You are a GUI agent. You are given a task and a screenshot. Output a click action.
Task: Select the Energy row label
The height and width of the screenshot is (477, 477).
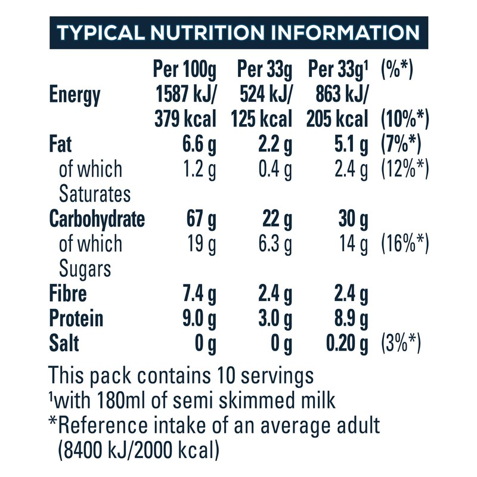pos(75,95)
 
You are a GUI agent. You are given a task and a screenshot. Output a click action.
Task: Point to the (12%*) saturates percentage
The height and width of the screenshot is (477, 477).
pos(405,169)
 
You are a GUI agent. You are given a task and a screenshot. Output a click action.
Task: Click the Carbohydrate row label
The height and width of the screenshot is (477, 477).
pos(97,219)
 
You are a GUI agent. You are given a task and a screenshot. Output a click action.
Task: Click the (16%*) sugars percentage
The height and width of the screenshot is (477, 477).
pos(405,244)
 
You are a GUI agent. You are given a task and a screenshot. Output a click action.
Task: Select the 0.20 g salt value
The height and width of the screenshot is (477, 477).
pos(342,344)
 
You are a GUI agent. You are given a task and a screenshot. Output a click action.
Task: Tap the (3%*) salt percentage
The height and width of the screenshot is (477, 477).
pos(401,344)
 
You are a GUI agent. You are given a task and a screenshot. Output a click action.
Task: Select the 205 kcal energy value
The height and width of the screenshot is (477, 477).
pos(338,119)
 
